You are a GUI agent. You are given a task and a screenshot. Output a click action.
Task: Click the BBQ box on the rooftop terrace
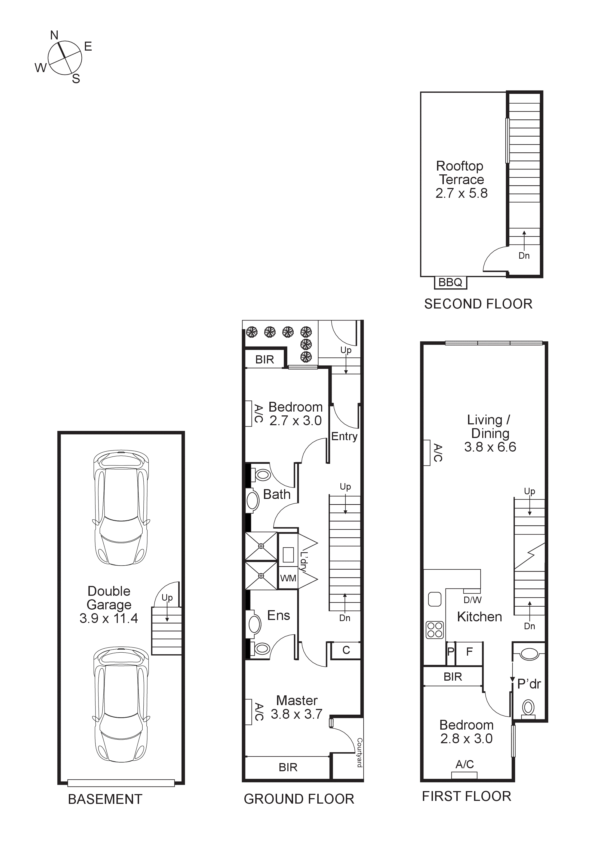pos(450,282)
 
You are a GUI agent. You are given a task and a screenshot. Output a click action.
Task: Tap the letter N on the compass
pos(54,35)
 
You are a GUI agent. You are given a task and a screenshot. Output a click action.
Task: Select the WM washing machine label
pos(288,578)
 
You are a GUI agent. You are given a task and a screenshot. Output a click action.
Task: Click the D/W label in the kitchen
pos(472,600)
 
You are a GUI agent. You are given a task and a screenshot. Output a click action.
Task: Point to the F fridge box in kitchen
pos(469,652)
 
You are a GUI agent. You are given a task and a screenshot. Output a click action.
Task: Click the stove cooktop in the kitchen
pos(435,630)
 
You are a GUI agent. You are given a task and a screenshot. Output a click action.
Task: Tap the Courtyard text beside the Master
pos(359,752)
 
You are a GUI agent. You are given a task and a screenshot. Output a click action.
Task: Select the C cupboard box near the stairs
pos(346,650)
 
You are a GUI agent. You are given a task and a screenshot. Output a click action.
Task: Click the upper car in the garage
pos(121,508)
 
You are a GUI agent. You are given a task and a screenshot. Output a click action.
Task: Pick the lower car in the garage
pos(121,705)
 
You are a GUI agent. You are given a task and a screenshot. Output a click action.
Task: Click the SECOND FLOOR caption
pos(478,304)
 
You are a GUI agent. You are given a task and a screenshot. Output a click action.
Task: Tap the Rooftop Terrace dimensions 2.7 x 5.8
pos(461,193)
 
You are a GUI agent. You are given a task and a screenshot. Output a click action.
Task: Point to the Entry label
pos(344,437)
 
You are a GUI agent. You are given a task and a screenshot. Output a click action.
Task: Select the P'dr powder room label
pos(529,684)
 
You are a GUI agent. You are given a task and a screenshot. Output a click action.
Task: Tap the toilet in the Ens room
pos(261,648)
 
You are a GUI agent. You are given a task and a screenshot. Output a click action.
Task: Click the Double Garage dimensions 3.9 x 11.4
pos(109,618)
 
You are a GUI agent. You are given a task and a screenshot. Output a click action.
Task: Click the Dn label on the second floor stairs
pos(524,256)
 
